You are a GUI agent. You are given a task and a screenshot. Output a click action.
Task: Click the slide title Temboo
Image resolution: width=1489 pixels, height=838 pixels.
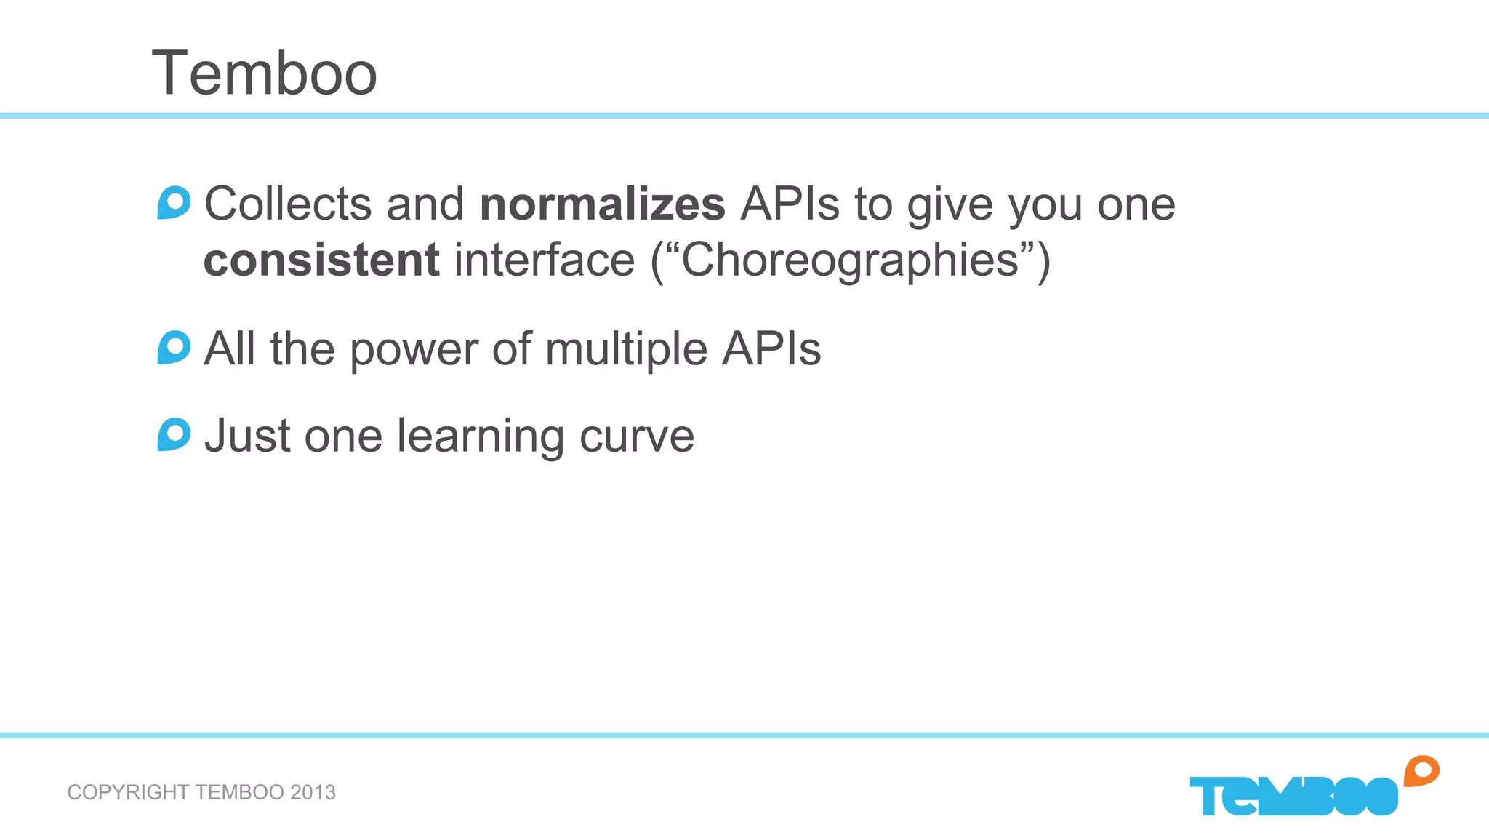point(264,73)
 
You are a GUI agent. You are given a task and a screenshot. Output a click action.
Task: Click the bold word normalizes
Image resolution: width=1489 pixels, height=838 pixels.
point(602,204)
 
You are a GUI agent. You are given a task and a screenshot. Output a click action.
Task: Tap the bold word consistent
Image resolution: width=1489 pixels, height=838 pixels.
point(321,260)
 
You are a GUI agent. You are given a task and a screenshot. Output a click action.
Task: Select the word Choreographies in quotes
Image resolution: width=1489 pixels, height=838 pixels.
point(849,260)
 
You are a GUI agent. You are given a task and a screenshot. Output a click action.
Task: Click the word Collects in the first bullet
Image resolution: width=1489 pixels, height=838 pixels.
point(288,204)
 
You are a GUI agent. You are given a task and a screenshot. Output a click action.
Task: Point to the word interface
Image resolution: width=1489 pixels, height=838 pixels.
point(545,260)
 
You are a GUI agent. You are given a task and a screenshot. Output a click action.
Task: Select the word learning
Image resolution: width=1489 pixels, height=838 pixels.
point(481,436)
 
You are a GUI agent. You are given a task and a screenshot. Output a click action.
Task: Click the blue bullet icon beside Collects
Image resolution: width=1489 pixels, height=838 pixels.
point(174,203)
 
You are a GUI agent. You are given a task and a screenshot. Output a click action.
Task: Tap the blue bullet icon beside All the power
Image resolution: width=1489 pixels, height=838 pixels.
point(174,348)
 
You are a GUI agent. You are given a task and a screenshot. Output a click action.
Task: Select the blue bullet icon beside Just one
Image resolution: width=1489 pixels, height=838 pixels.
point(174,435)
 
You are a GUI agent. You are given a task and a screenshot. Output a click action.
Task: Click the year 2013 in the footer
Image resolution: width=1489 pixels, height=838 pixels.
point(313,792)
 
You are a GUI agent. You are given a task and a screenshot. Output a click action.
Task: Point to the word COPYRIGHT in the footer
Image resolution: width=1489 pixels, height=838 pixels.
point(128,792)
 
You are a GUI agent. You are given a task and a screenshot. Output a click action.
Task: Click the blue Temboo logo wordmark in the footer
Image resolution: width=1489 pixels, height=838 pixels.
point(1293,797)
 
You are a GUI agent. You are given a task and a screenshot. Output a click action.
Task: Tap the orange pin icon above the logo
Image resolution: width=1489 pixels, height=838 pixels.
point(1421,771)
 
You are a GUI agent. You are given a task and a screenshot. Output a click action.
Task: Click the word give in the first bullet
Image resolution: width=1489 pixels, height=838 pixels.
point(950,204)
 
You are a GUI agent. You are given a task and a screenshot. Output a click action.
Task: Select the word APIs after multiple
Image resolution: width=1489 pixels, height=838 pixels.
point(771,349)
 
